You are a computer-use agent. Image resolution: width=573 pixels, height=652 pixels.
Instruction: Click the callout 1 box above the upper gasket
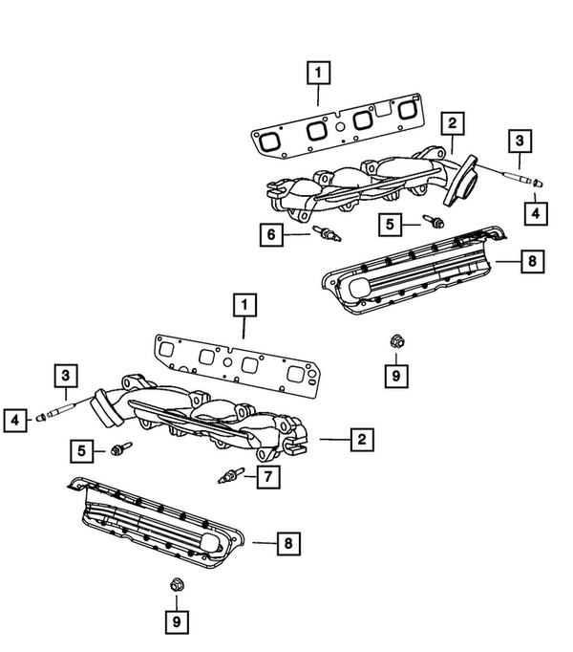click(x=318, y=72)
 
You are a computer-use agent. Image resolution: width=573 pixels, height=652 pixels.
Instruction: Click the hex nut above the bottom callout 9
click(x=175, y=585)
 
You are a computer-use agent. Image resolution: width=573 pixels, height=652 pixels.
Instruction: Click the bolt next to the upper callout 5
click(x=435, y=223)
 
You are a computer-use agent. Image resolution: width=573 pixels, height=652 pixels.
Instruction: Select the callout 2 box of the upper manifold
click(x=452, y=122)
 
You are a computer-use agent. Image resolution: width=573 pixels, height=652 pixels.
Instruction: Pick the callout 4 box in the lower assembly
click(x=15, y=417)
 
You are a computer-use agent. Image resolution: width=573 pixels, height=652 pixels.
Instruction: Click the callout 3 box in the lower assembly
click(x=66, y=374)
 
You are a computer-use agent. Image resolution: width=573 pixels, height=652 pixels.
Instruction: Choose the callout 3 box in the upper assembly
click(x=519, y=141)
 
